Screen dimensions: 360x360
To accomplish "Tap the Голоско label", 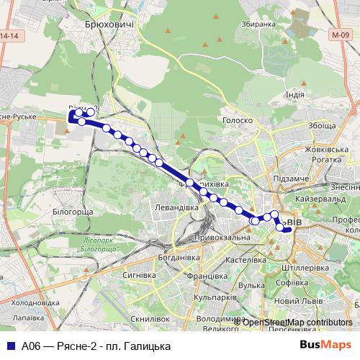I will click(x=235, y=121).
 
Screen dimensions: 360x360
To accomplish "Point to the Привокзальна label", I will click(x=222, y=237).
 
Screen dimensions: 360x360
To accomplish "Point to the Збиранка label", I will click(x=260, y=24).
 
